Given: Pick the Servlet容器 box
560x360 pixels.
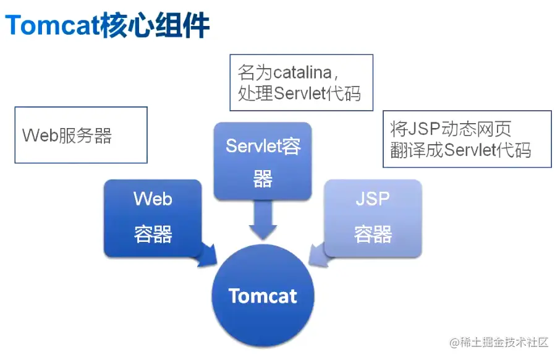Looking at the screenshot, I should [x=263, y=162].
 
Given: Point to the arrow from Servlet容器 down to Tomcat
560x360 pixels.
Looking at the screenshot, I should [x=263, y=220].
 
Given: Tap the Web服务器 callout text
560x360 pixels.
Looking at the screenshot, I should [x=67, y=136].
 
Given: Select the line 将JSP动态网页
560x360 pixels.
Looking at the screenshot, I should [x=451, y=129].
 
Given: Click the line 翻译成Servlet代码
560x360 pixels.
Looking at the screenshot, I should [x=460, y=150].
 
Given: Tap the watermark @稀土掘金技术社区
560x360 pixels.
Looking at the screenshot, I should [x=499, y=342].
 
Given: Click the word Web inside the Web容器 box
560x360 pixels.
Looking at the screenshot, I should [x=153, y=199].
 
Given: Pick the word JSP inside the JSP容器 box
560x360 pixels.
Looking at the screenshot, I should [x=373, y=199].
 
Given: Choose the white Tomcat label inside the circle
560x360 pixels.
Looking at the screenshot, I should [x=263, y=296].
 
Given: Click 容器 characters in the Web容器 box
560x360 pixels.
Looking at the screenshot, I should [x=153, y=234].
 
